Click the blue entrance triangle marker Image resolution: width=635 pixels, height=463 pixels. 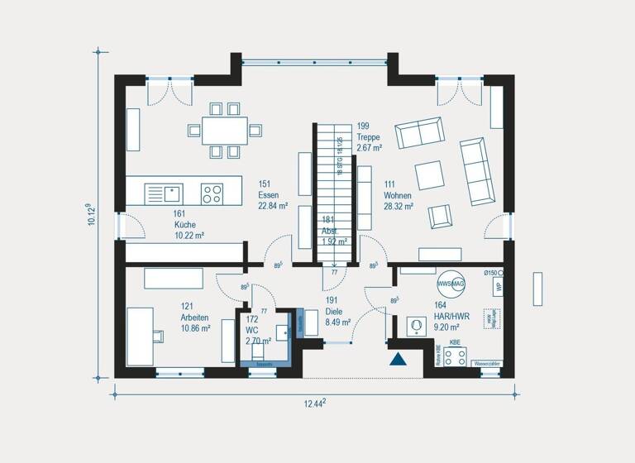pos(399,358)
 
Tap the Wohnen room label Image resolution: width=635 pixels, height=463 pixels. pos(399,195)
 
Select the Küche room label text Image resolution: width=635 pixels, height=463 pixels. pos(184,224)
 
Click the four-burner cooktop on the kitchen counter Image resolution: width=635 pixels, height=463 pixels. pos(212,193)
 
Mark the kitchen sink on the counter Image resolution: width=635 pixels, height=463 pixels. pos(173,193)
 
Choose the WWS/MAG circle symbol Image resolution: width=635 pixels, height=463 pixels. pos(451,284)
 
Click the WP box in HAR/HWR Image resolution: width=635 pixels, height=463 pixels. pos(498,287)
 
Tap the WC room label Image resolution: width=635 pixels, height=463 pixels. pos(252,329)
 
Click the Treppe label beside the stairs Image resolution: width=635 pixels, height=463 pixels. pos(369,137)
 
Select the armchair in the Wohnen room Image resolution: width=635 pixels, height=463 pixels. pos(440,217)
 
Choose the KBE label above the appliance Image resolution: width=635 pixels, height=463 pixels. pos(455,341)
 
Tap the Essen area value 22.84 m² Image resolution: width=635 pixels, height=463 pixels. pos(273,207)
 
